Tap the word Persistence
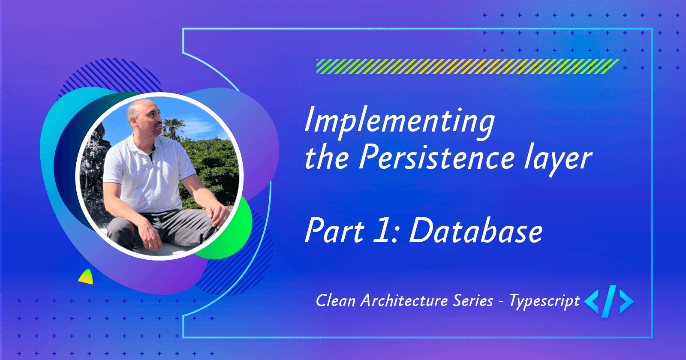436,158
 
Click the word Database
476,231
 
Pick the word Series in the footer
473,301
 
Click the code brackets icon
609,301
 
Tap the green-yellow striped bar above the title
467,66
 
